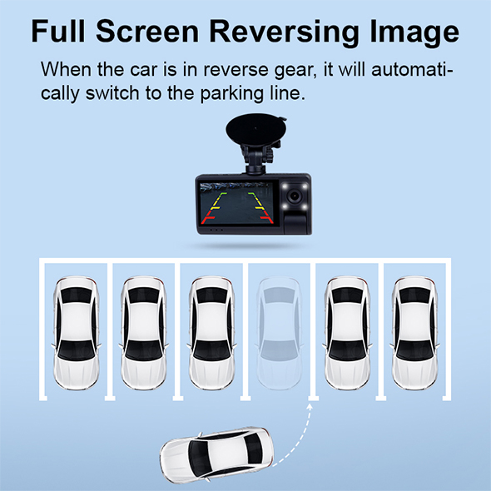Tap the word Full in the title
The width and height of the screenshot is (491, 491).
coord(58,31)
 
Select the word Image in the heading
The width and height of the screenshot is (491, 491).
coord(414,32)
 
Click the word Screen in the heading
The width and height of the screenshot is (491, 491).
coord(147,31)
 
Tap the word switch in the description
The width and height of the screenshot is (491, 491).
coord(112,93)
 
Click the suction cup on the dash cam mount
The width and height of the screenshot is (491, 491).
coord(255,128)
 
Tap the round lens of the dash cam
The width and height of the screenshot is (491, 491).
coord(295,196)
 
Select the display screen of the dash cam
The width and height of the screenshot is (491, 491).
coord(236,204)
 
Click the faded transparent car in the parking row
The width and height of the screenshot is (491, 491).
coord(280,333)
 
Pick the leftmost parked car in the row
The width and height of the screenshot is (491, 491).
coord(76,333)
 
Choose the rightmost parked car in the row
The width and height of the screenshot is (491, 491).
coord(414,333)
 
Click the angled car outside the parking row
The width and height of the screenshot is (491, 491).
coord(216,455)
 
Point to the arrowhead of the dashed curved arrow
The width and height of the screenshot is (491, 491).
coord(310,407)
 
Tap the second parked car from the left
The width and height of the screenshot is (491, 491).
coord(144,333)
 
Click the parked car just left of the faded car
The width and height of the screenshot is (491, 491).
coord(211,333)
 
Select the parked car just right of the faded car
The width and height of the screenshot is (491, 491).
coord(347,333)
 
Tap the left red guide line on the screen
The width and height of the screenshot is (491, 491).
coord(208,218)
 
